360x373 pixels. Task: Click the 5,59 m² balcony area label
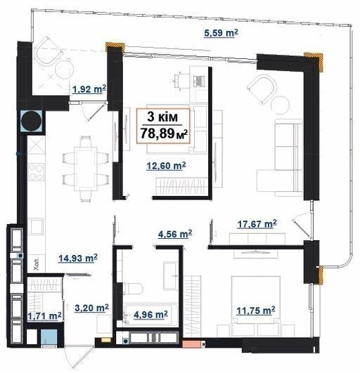[221, 33]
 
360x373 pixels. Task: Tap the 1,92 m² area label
[89, 89]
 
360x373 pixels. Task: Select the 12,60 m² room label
[166, 165]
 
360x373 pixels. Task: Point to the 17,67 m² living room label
[257, 224]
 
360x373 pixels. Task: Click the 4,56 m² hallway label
[175, 234]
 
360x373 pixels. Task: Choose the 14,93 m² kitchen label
[78, 258]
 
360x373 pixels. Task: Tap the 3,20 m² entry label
[91, 308]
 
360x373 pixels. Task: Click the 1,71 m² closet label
[44, 316]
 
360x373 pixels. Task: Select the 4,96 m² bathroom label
[150, 315]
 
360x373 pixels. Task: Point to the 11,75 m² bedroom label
[256, 310]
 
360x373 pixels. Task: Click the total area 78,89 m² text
[164, 133]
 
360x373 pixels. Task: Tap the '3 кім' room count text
[162, 117]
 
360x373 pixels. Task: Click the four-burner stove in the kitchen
[36, 172]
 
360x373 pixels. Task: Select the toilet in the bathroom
[132, 288]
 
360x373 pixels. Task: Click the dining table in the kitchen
[86, 169]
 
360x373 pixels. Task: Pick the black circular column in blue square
[31, 121]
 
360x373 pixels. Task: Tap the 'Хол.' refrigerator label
[37, 265]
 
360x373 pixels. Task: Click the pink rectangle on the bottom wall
[191, 343]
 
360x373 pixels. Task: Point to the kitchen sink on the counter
[36, 227]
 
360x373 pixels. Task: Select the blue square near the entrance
[49, 336]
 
